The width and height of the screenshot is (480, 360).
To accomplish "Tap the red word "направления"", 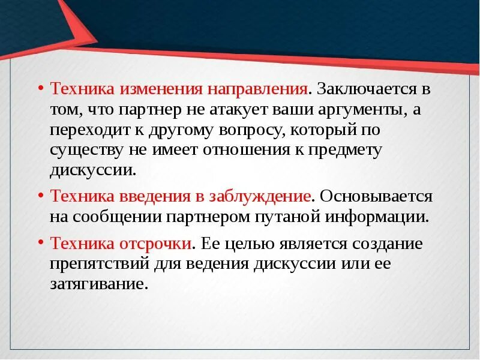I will pyautogui.click(x=258, y=89).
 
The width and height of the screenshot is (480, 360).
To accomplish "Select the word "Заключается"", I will pyautogui.click(x=364, y=89).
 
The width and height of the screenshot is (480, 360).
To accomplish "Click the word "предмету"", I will pyautogui.click(x=346, y=150).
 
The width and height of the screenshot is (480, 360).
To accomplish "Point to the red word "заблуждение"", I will pyautogui.click(x=259, y=196).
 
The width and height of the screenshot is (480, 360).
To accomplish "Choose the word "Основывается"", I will pyautogui.click(x=377, y=196).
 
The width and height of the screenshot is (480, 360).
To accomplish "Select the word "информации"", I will pyautogui.click(x=377, y=217).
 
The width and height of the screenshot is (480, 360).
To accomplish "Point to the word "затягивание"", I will pyautogui.click(x=98, y=284).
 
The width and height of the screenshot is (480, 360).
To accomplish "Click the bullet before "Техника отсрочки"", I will pyautogui.click(x=40, y=242).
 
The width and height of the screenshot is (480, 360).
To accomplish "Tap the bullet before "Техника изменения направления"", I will pyautogui.click(x=40, y=88).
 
